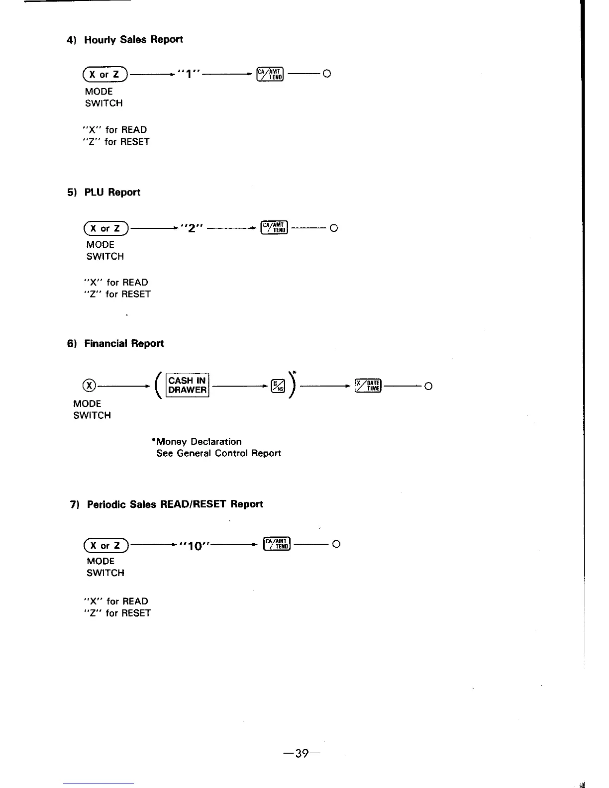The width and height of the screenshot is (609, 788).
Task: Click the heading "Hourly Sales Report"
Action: pyautogui.click(x=133, y=40)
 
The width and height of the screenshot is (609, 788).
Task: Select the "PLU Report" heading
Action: pyautogui.click(x=112, y=193)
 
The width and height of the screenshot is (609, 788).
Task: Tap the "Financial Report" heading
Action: pyautogui.click(x=123, y=344)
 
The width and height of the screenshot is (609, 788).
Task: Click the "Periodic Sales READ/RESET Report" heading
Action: pyautogui.click(x=175, y=504)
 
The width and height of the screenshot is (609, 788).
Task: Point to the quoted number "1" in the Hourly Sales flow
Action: pyautogui.click(x=187, y=75)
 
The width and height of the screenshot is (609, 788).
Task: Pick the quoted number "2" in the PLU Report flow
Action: pyautogui.click(x=192, y=228)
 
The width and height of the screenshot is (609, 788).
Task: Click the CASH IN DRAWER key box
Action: pyautogui.click(x=187, y=386)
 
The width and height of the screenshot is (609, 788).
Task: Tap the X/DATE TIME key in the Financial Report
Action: pyautogui.click(x=368, y=386)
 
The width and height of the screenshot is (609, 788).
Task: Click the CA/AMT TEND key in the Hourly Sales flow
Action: pyautogui.click(x=270, y=74)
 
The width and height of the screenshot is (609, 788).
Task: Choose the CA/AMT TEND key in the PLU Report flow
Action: pyautogui.click(x=274, y=228)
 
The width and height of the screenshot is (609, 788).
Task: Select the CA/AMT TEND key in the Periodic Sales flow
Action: pyautogui.click(x=276, y=544)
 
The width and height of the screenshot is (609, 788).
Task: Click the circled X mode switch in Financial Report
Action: pyautogui.click(x=89, y=386)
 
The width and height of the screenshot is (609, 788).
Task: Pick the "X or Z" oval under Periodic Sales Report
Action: pyautogui.click(x=107, y=545)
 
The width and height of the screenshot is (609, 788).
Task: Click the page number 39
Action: pyautogui.click(x=301, y=754)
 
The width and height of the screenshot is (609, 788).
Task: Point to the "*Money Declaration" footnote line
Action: pyautogui.click(x=197, y=442)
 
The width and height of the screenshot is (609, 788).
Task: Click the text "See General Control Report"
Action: pyautogui.click(x=219, y=454)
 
